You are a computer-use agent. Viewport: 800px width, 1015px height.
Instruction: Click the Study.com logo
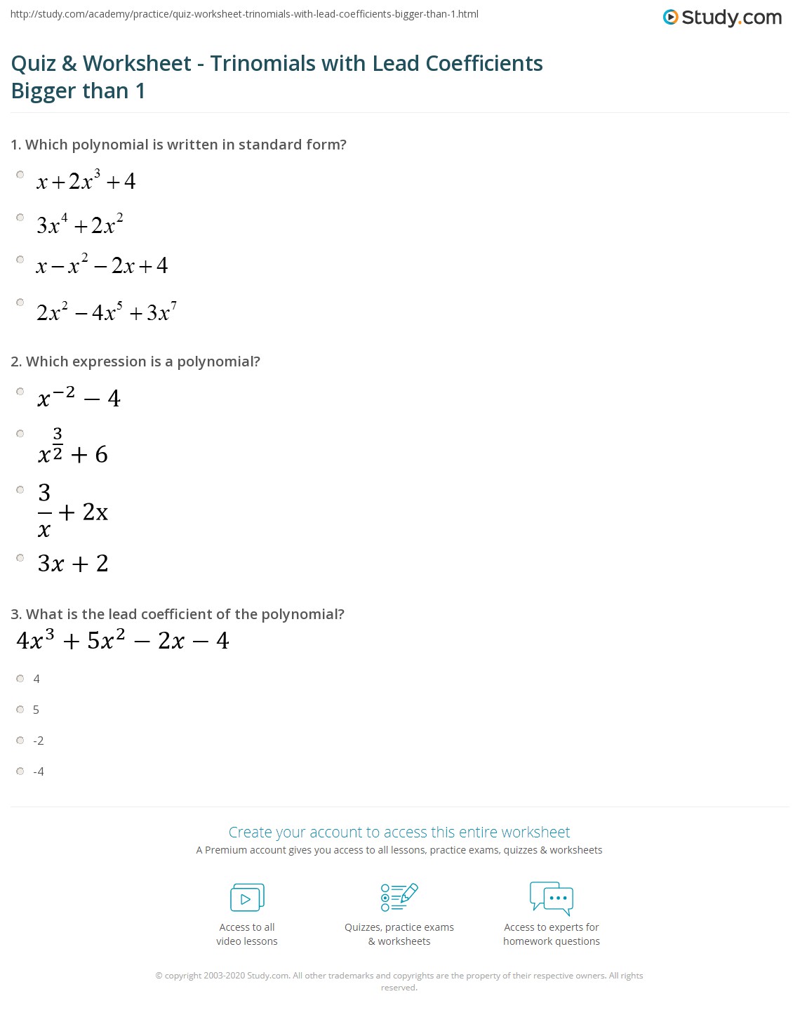point(722,18)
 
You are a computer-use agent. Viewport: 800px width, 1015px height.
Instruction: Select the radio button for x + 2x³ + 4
point(20,175)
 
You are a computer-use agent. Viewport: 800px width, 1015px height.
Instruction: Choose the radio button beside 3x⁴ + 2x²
point(20,218)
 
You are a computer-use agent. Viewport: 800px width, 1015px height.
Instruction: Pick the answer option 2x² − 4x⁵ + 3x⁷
point(106,312)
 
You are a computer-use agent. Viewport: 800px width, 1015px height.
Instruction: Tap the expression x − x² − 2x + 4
point(102,265)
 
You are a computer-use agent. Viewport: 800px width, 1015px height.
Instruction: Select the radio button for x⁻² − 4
point(20,392)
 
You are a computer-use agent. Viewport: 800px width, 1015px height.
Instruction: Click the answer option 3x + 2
point(73,564)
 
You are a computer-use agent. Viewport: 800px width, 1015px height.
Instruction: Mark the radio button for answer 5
point(20,710)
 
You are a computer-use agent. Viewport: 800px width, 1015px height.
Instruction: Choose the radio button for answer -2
point(20,741)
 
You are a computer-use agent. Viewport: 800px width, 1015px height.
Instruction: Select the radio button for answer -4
point(20,771)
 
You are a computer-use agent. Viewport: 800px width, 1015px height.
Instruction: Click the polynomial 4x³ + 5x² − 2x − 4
point(123,641)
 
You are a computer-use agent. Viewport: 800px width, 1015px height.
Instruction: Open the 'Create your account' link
point(399,832)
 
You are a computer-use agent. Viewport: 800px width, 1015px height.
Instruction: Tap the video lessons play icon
point(247,898)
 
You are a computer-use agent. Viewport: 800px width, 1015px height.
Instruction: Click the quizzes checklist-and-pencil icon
point(399,898)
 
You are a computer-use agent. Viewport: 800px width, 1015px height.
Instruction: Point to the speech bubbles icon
point(551,898)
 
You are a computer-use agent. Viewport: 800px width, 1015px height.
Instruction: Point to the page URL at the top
point(244,14)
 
